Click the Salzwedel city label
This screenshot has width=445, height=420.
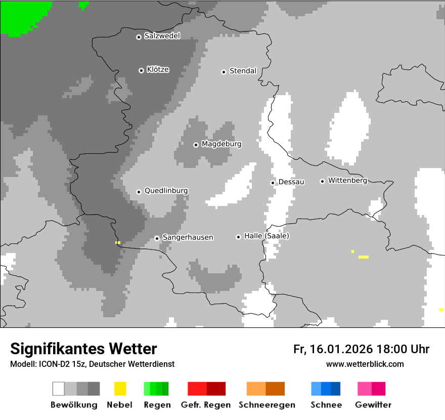coord(162,36)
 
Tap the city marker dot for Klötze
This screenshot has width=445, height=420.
coord(141,70)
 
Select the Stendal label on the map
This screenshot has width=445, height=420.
coord(243,71)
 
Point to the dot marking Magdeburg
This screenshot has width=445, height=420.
coord(196,145)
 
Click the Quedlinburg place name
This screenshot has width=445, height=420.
coord(166,191)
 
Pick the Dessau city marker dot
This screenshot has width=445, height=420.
coord(273,183)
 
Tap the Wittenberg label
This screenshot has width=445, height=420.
coord(347,180)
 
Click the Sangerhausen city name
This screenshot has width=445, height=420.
coord(188,237)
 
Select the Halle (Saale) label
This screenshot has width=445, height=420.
coord(266,236)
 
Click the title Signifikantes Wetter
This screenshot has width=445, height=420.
coord(83,349)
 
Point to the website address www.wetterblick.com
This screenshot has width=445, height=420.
coord(365,364)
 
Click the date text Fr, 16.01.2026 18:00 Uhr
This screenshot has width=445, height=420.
coord(361,349)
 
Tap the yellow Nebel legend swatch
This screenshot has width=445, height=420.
coord(120,389)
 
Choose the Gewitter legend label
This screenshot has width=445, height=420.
coord(373,405)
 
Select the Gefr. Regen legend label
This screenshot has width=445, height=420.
coord(205,405)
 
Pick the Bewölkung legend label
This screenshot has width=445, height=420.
coord(74,405)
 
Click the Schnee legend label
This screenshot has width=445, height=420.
coord(326,405)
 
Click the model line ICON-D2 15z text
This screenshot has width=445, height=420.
coord(92,364)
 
